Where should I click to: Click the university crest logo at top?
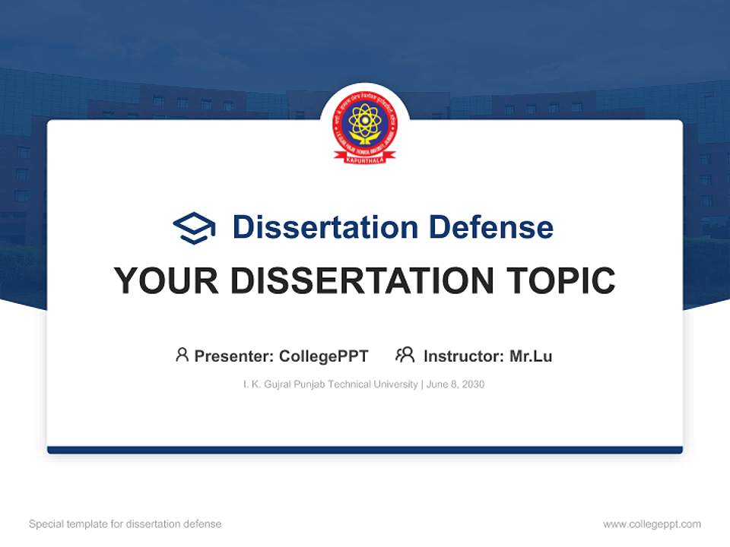click(365, 126)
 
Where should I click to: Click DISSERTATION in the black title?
click(362, 281)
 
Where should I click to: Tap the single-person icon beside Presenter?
click(182, 355)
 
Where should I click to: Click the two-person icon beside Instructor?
click(405, 355)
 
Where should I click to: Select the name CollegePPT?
click(323, 356)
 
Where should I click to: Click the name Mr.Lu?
click(531, 356)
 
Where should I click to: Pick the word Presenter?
click(234, 356)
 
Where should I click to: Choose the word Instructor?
click(464, 356)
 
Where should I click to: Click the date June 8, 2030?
click(455, 384)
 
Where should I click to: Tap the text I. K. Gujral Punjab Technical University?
click(330, 384)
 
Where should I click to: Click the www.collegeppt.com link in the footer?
click(652, 524)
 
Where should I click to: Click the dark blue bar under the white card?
click(365, 450)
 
